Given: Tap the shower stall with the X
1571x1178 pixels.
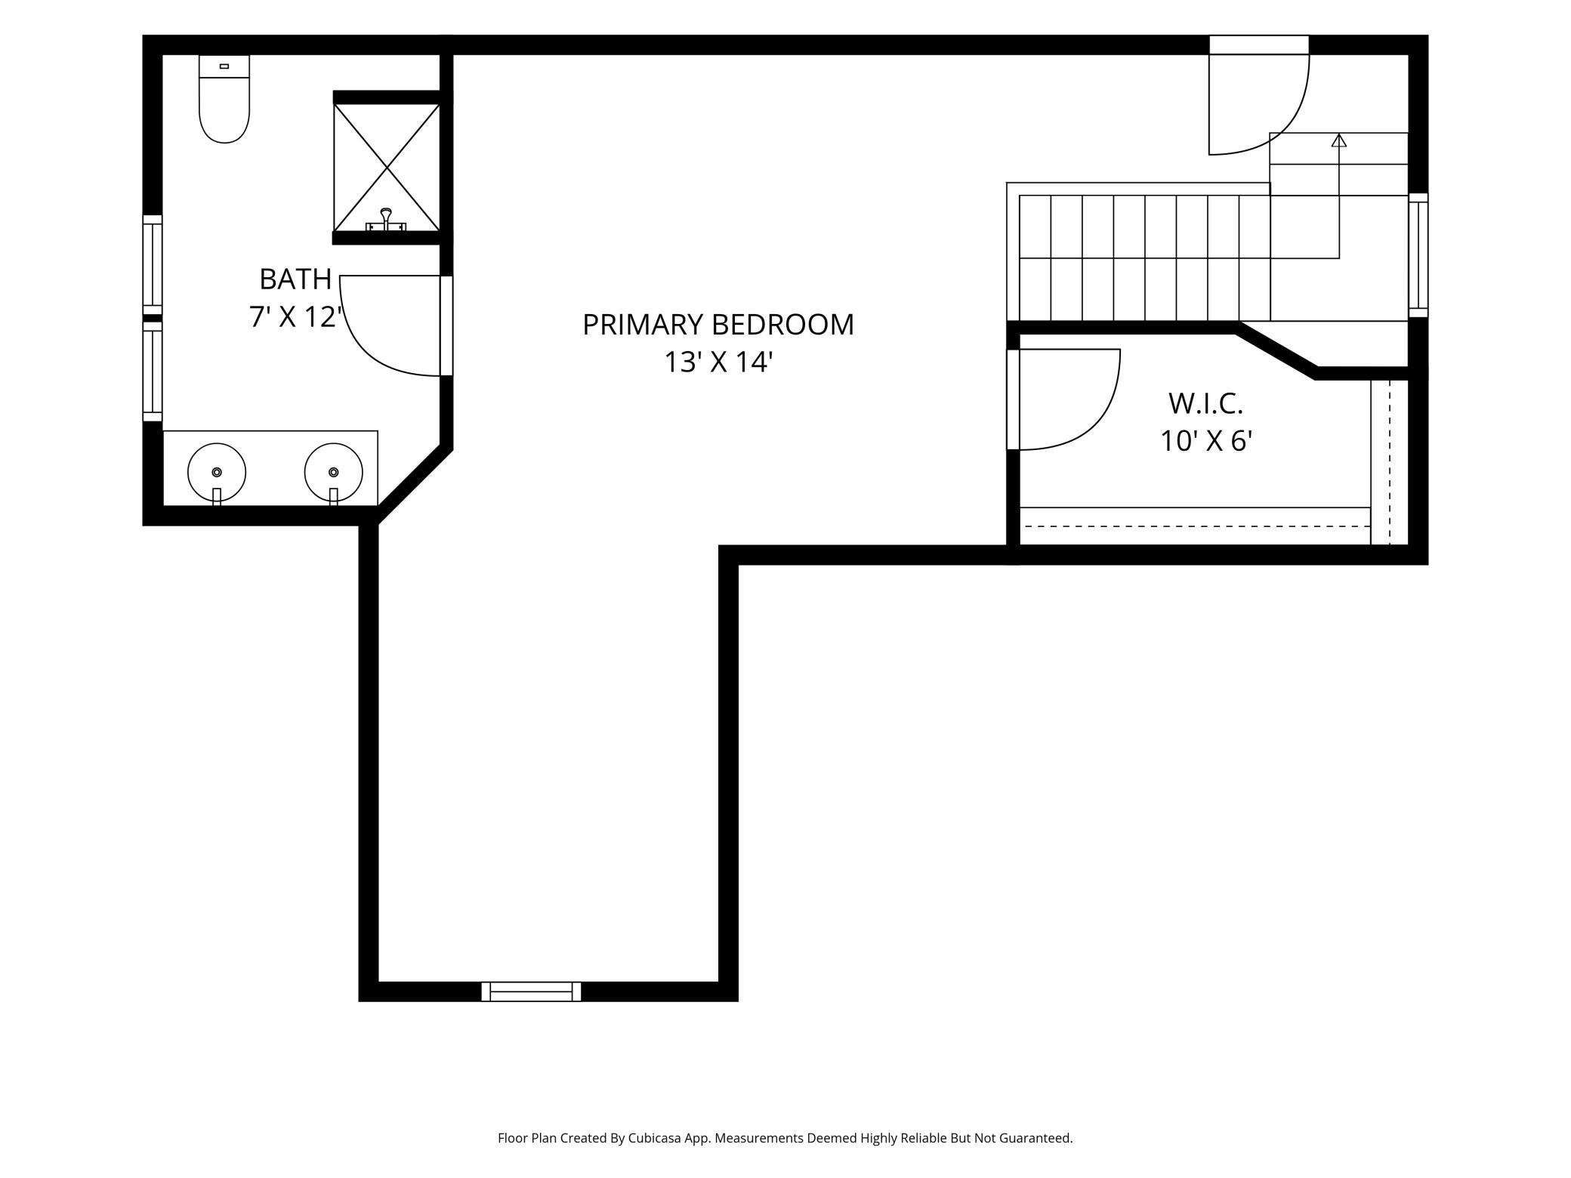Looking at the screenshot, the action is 387,167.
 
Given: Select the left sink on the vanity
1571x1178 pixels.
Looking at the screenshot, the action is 217,472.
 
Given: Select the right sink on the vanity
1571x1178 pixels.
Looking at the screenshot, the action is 333,472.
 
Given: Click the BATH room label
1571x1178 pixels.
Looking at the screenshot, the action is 295,279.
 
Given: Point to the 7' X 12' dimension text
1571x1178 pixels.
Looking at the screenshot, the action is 296,317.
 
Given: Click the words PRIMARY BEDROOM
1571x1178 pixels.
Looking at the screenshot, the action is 718,325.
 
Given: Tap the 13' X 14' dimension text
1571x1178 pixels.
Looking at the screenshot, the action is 718,362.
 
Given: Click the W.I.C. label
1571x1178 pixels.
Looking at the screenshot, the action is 1206,404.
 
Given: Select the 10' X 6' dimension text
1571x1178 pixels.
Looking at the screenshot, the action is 1206,441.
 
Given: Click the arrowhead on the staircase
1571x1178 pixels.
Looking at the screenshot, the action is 1339,140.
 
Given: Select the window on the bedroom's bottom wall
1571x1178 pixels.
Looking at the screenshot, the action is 532,991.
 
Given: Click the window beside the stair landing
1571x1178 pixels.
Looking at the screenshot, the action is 1418,255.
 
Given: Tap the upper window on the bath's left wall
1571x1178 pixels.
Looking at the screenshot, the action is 153,264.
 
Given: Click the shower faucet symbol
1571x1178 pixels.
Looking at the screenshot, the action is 386,220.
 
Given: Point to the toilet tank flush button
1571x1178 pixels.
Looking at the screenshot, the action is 224,66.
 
